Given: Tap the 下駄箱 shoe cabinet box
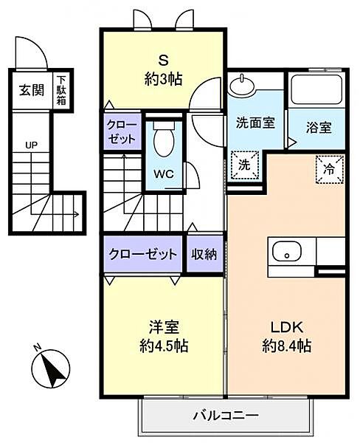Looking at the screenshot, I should pos(62,91).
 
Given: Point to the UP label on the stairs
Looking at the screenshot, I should pos(31,145).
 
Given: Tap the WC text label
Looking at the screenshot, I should pos(164,176).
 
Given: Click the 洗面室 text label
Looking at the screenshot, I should pos(255,123).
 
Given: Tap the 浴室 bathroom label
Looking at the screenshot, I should pos(319,126).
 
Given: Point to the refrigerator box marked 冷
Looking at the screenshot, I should pos(328,169).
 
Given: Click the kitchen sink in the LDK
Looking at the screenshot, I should pos(285,254).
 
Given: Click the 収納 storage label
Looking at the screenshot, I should pos(204,254).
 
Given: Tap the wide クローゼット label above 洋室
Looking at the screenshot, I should pos(143,254).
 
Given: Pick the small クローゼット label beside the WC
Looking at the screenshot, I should pos(121,131).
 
